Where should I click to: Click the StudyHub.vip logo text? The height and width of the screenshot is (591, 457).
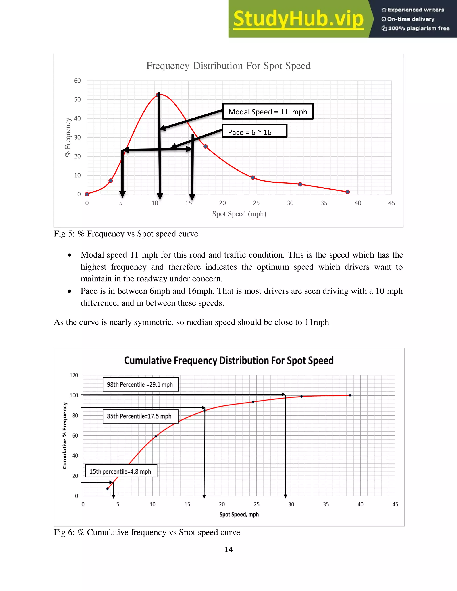pyautogui.click(x=298, y=19)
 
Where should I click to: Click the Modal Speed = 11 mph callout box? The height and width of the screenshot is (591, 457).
pyautogui.click(x=268, y=112)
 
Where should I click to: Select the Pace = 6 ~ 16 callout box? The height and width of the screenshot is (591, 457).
pyautogui.click(x=254, y=131)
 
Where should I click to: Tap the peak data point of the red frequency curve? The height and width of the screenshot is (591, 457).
pyautogui.click(x=158, y=95)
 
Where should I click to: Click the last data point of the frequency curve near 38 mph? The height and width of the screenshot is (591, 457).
pyautogui.click(x=348, y=192)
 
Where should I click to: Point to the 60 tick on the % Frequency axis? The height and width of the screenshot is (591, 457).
pyautogui.click(x=77, y=81)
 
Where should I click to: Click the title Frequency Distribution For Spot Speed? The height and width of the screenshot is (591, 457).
pyautogui.click(x=228, y=66)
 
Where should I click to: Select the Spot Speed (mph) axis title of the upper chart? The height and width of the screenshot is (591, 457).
pyautogui.click(x=239, y=214)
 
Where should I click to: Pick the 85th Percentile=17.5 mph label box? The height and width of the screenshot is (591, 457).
pyautogui.click(x=140, y=416)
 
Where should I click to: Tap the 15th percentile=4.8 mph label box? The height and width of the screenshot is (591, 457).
pyautogui.click(x=121, y=472)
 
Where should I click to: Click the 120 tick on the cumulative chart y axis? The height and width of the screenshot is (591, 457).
pyautogui.click(x=74, y=375)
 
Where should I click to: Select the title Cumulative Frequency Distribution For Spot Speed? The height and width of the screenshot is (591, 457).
pyautogui.click(x=229, y=361)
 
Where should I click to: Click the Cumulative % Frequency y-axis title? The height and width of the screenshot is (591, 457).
pyautogui.click(x=64, y=436)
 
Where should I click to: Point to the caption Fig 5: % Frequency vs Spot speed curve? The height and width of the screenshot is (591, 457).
pyautogui.click(x=126, y=234)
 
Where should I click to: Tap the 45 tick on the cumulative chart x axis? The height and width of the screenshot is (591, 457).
pyautogui.click(x=395, y=504)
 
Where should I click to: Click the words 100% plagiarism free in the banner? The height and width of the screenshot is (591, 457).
pyautogui.click(x=418, y=28)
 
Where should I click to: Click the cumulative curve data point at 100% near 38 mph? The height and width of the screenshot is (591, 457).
pyautogui.click(x=350, y=395)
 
